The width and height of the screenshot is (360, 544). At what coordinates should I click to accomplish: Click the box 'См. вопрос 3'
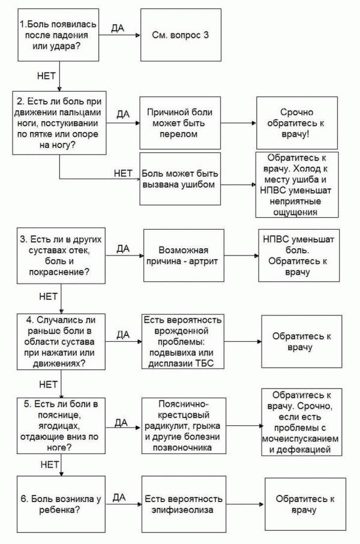[181, 35]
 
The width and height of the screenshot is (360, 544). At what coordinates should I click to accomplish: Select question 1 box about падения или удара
[58, 35]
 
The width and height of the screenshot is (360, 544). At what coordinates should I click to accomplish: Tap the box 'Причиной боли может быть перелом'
[180, 123]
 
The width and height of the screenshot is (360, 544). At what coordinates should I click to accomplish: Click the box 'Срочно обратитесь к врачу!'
[297, 123]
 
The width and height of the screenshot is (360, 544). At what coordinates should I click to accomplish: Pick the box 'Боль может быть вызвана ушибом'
[180, 179]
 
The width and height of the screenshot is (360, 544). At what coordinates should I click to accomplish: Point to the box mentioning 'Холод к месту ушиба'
[297, 185]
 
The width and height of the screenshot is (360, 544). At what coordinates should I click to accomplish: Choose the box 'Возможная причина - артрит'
[184, 256]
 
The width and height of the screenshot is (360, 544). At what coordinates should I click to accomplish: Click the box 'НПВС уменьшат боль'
[299, 256]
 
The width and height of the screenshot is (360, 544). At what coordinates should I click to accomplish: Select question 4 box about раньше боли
[61, 342]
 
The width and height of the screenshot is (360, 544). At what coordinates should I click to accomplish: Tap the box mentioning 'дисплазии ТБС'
[183, 342]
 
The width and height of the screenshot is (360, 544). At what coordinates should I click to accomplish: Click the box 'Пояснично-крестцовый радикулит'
[184, 426]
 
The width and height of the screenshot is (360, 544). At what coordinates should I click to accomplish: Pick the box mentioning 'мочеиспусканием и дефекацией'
[301, 422]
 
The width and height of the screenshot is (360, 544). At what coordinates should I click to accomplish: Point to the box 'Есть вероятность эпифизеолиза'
[184, 504]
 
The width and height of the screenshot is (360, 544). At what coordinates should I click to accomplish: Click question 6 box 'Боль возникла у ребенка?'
[61, 504]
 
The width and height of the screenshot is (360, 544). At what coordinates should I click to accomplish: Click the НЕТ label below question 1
[46, 76]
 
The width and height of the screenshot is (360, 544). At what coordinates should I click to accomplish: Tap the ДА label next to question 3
[123, 248]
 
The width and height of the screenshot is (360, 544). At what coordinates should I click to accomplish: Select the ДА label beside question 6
[119, 497]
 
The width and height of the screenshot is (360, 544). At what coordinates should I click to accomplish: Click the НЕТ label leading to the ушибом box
[123, 173]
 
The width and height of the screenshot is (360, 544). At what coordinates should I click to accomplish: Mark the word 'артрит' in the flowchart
[203, 262]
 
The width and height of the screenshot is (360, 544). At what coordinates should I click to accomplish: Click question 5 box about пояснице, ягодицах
[61, 426]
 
